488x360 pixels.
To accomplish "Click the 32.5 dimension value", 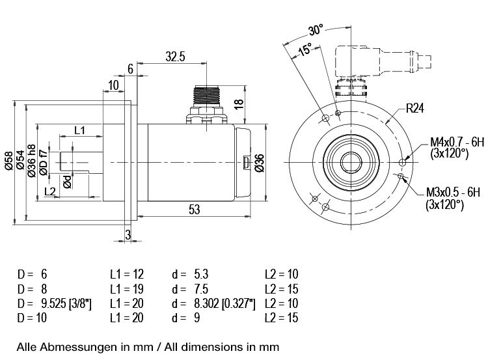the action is point(175,57).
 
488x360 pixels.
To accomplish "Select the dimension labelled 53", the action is point(194,210).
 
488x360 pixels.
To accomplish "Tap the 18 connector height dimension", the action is point(239,104).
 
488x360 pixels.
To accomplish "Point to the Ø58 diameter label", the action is point(9,161).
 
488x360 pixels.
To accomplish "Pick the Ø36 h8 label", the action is point(31,161).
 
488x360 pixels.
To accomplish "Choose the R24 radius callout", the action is point(415,108).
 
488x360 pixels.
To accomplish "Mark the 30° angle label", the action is point(316,30).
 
